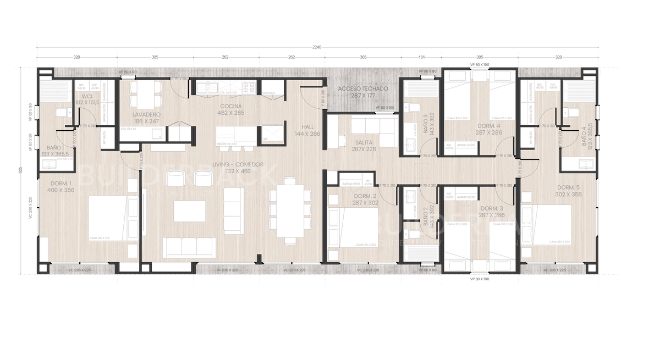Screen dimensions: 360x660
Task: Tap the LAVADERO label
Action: point(146,114)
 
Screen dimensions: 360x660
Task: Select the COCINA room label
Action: point(232,106)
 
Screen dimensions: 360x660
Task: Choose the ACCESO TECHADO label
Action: point(363,88)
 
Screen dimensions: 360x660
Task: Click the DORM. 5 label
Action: point(568,187)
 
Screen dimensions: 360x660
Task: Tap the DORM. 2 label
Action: point(365,196)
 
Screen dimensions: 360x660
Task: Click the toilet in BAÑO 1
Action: point(62,113)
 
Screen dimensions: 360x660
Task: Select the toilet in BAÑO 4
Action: point(573,113)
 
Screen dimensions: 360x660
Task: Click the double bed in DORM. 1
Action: point(113,218)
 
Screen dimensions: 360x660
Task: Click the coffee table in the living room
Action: point(190,211)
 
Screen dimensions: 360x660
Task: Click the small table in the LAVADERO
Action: point(145,94)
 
